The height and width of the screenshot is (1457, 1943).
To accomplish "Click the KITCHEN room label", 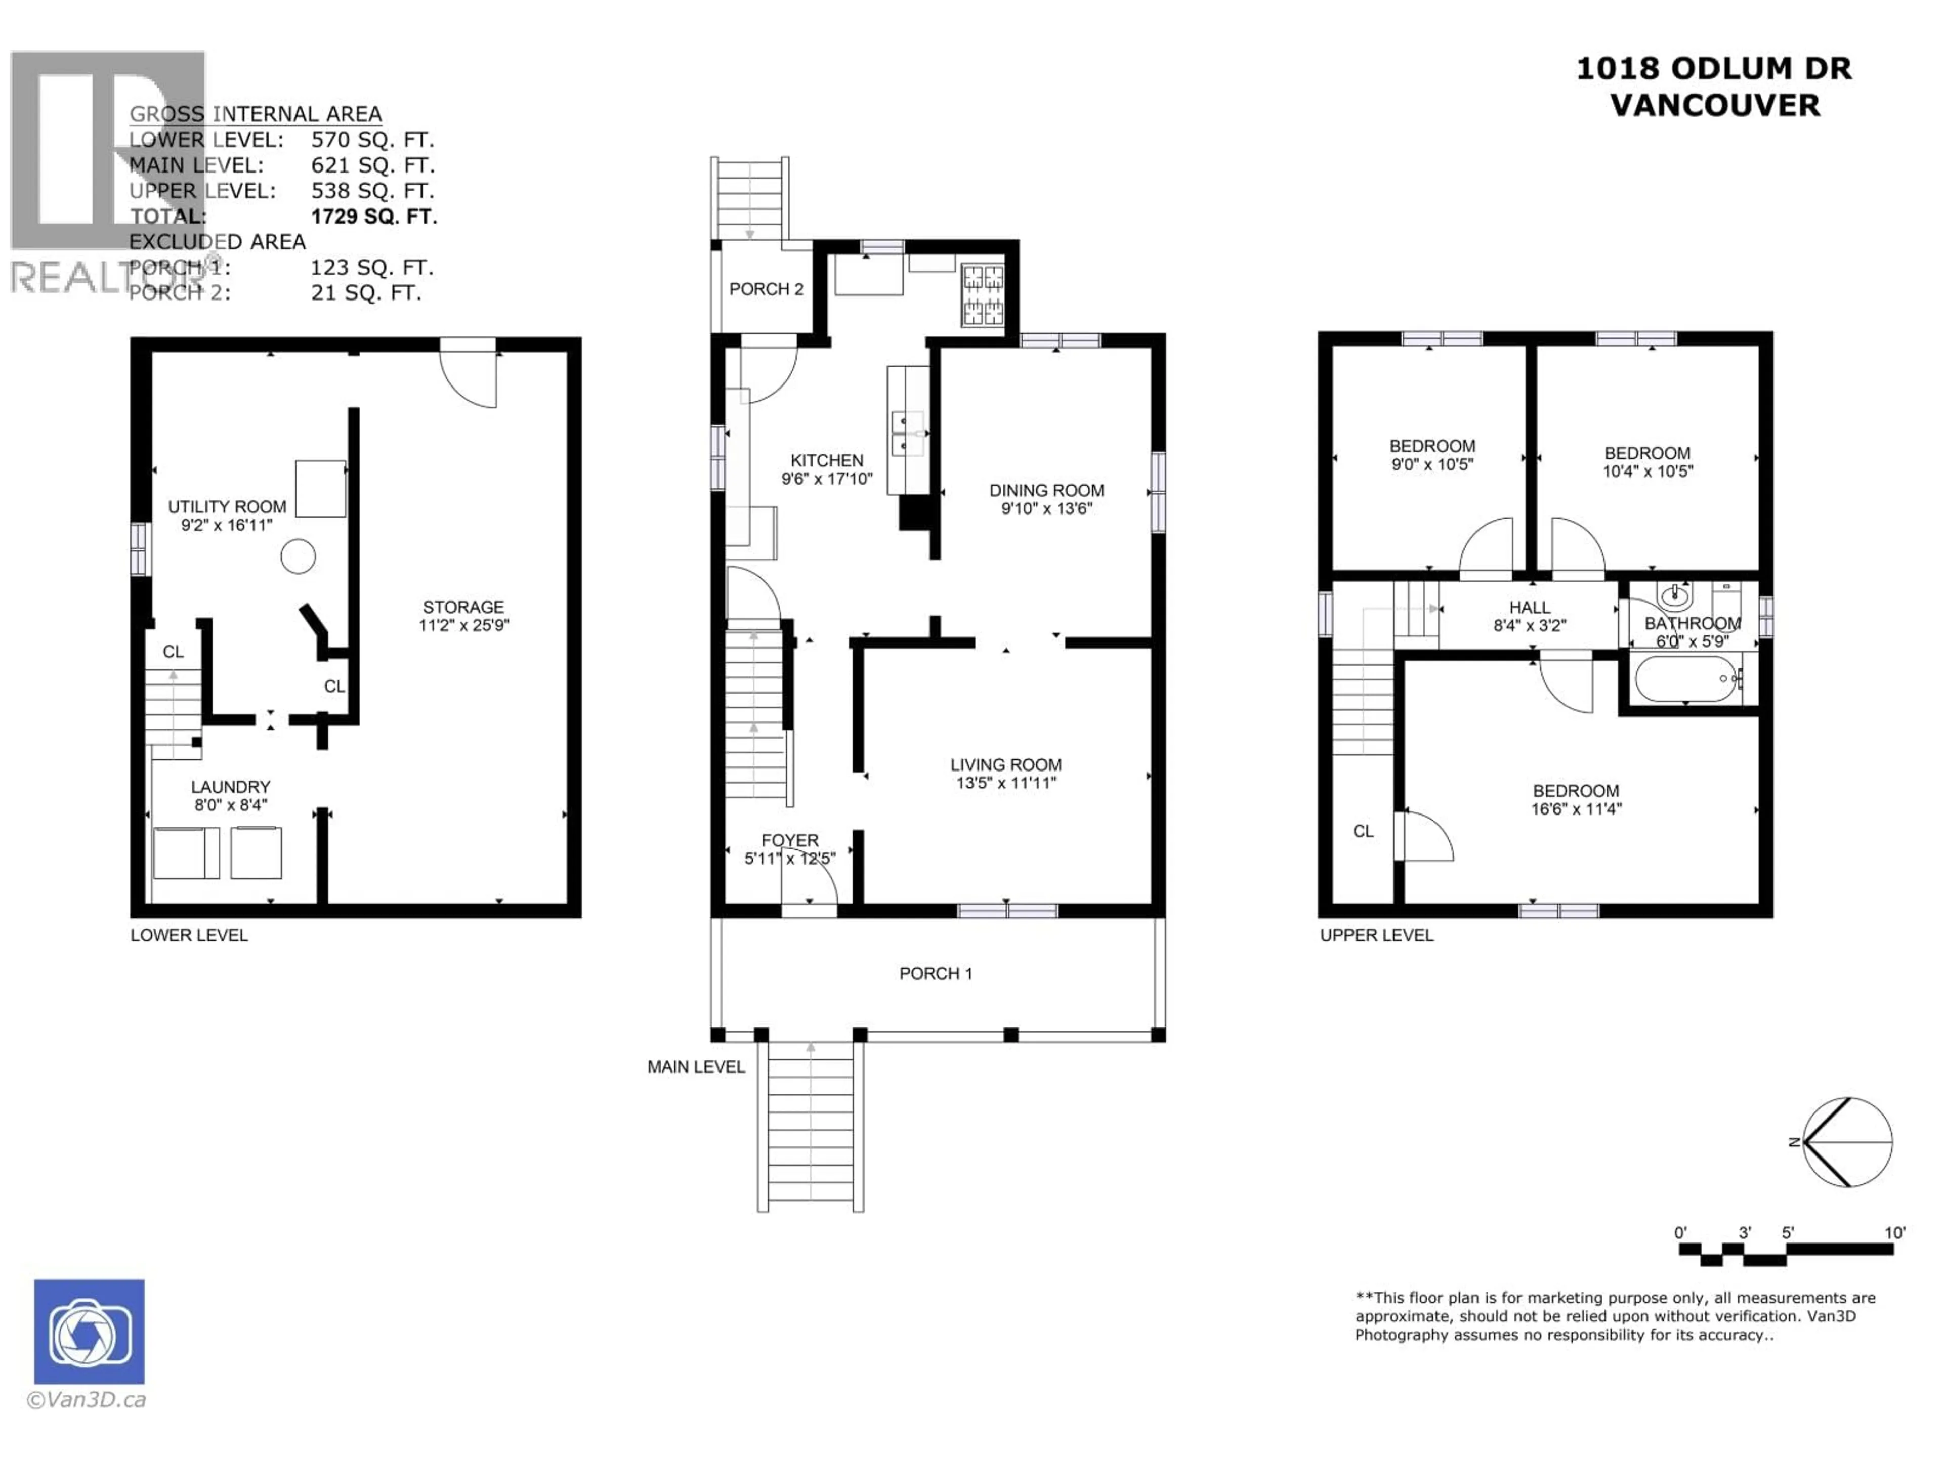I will pos(827,460).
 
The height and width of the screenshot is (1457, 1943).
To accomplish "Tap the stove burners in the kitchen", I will pos(983,295).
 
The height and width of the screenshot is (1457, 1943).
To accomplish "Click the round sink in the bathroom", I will pos(1674,597).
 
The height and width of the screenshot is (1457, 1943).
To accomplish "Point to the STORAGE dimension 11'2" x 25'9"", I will pos(464,625).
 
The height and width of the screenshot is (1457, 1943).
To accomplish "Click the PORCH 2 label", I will pos(766,289).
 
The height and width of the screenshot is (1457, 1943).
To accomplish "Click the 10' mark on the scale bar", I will pos(1895,1233).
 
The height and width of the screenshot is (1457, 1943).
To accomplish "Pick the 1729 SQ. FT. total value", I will pos(373,216).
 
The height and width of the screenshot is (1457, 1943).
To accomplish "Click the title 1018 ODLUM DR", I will pos(1714,68).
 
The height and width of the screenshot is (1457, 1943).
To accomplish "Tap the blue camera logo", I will pos(90,1332).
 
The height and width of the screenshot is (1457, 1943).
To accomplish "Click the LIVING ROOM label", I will pos(1006,765).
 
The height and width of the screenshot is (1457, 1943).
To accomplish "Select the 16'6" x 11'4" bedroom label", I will pos(1576,809).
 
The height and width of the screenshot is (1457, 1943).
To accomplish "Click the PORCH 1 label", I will pos(936,973).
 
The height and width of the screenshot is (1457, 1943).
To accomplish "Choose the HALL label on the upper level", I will pos(1529,607).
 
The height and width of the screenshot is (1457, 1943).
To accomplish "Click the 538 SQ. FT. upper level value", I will pos(372,191).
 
